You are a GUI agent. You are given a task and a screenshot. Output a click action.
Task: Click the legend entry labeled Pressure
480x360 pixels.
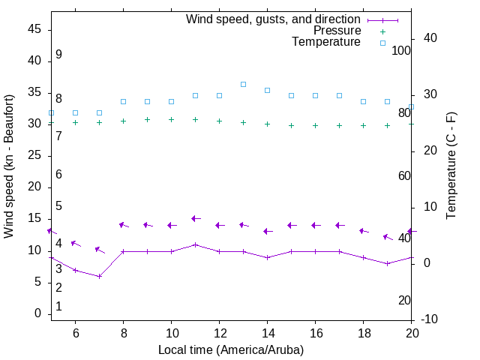pos(337,31)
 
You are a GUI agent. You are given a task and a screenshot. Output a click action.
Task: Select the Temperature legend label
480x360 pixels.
pos(326,42)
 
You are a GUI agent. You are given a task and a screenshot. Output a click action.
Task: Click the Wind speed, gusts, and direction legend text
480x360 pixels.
pos(274,19)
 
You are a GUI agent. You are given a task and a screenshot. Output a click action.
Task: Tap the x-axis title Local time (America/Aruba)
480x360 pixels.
pos(231,349)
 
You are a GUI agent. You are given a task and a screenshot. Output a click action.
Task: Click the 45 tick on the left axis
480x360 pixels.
pos(34,29)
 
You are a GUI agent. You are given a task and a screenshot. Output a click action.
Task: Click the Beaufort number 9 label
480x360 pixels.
pos(58,55)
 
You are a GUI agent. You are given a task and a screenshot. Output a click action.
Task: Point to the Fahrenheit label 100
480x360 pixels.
pos(401,50)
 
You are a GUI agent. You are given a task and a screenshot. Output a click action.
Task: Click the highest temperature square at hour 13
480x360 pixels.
pos(243,84)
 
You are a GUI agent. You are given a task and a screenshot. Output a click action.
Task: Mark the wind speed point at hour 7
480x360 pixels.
pos(99,276)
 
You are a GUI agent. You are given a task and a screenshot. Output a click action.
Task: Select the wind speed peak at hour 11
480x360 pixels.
pos(195,244)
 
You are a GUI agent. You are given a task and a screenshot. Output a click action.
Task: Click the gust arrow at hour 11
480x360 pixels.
pos(195,218)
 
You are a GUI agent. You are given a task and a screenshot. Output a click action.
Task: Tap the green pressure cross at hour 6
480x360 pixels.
pos(75,122)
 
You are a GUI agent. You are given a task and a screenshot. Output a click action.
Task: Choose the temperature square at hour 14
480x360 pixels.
pos(267,90)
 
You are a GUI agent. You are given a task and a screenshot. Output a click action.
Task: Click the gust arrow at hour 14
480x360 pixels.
pos(267,231)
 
